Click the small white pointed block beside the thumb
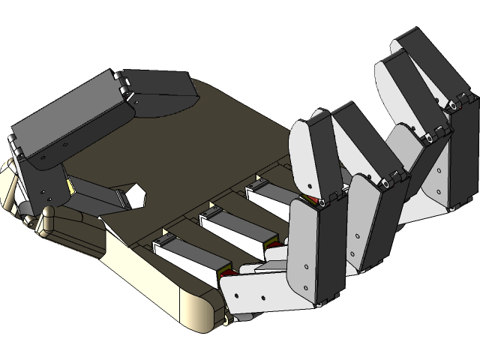[x=135, y=196]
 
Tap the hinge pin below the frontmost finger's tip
[x=320, y=203]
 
